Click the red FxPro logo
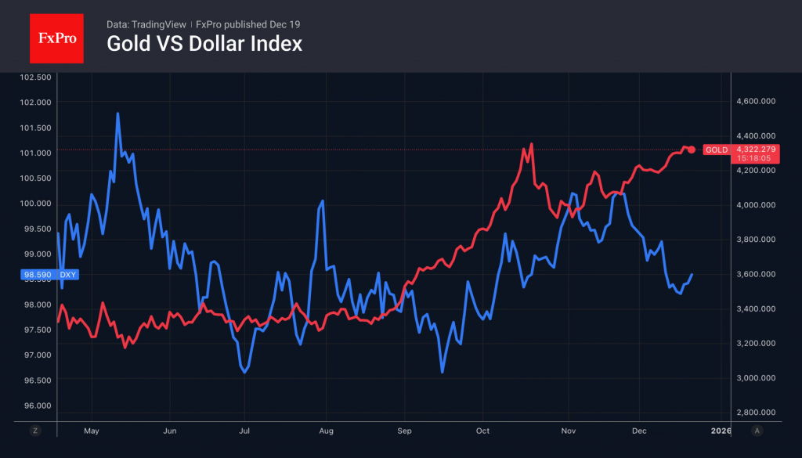click(x=56, y=37)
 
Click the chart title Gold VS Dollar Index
click(x=204, y=44)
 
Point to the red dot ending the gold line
click(x=692, y=150)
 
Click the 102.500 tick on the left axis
click(x=34, y=77)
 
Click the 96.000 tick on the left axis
click(x=34, y=406)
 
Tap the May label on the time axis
click(x=91, y=431)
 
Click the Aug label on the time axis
click(x=327, y=431)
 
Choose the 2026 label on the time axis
click(x=721, y=431)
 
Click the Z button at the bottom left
click(x=35, y=431)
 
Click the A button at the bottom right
click(x=757, y=431)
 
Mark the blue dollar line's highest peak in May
click(x=117, y=114)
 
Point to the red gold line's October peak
click(x=532, y=144)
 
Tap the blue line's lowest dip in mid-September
click(x=443, y=372)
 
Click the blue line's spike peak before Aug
click(x=322, y=200)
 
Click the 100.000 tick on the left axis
click(x=34, y=204)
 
